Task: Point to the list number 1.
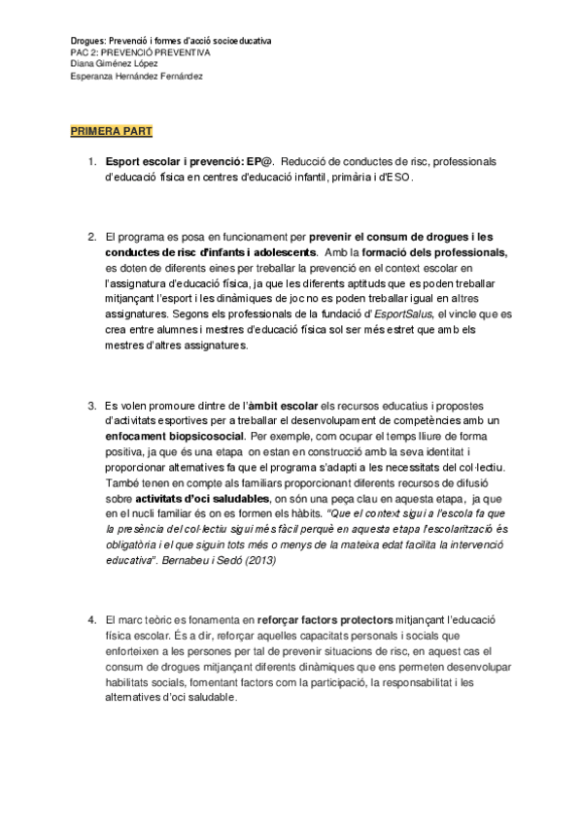point(91,163)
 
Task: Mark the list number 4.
point(91,618)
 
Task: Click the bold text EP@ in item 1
point(260,163)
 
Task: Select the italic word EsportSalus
point(404,315)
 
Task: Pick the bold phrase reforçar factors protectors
point(333,618)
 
